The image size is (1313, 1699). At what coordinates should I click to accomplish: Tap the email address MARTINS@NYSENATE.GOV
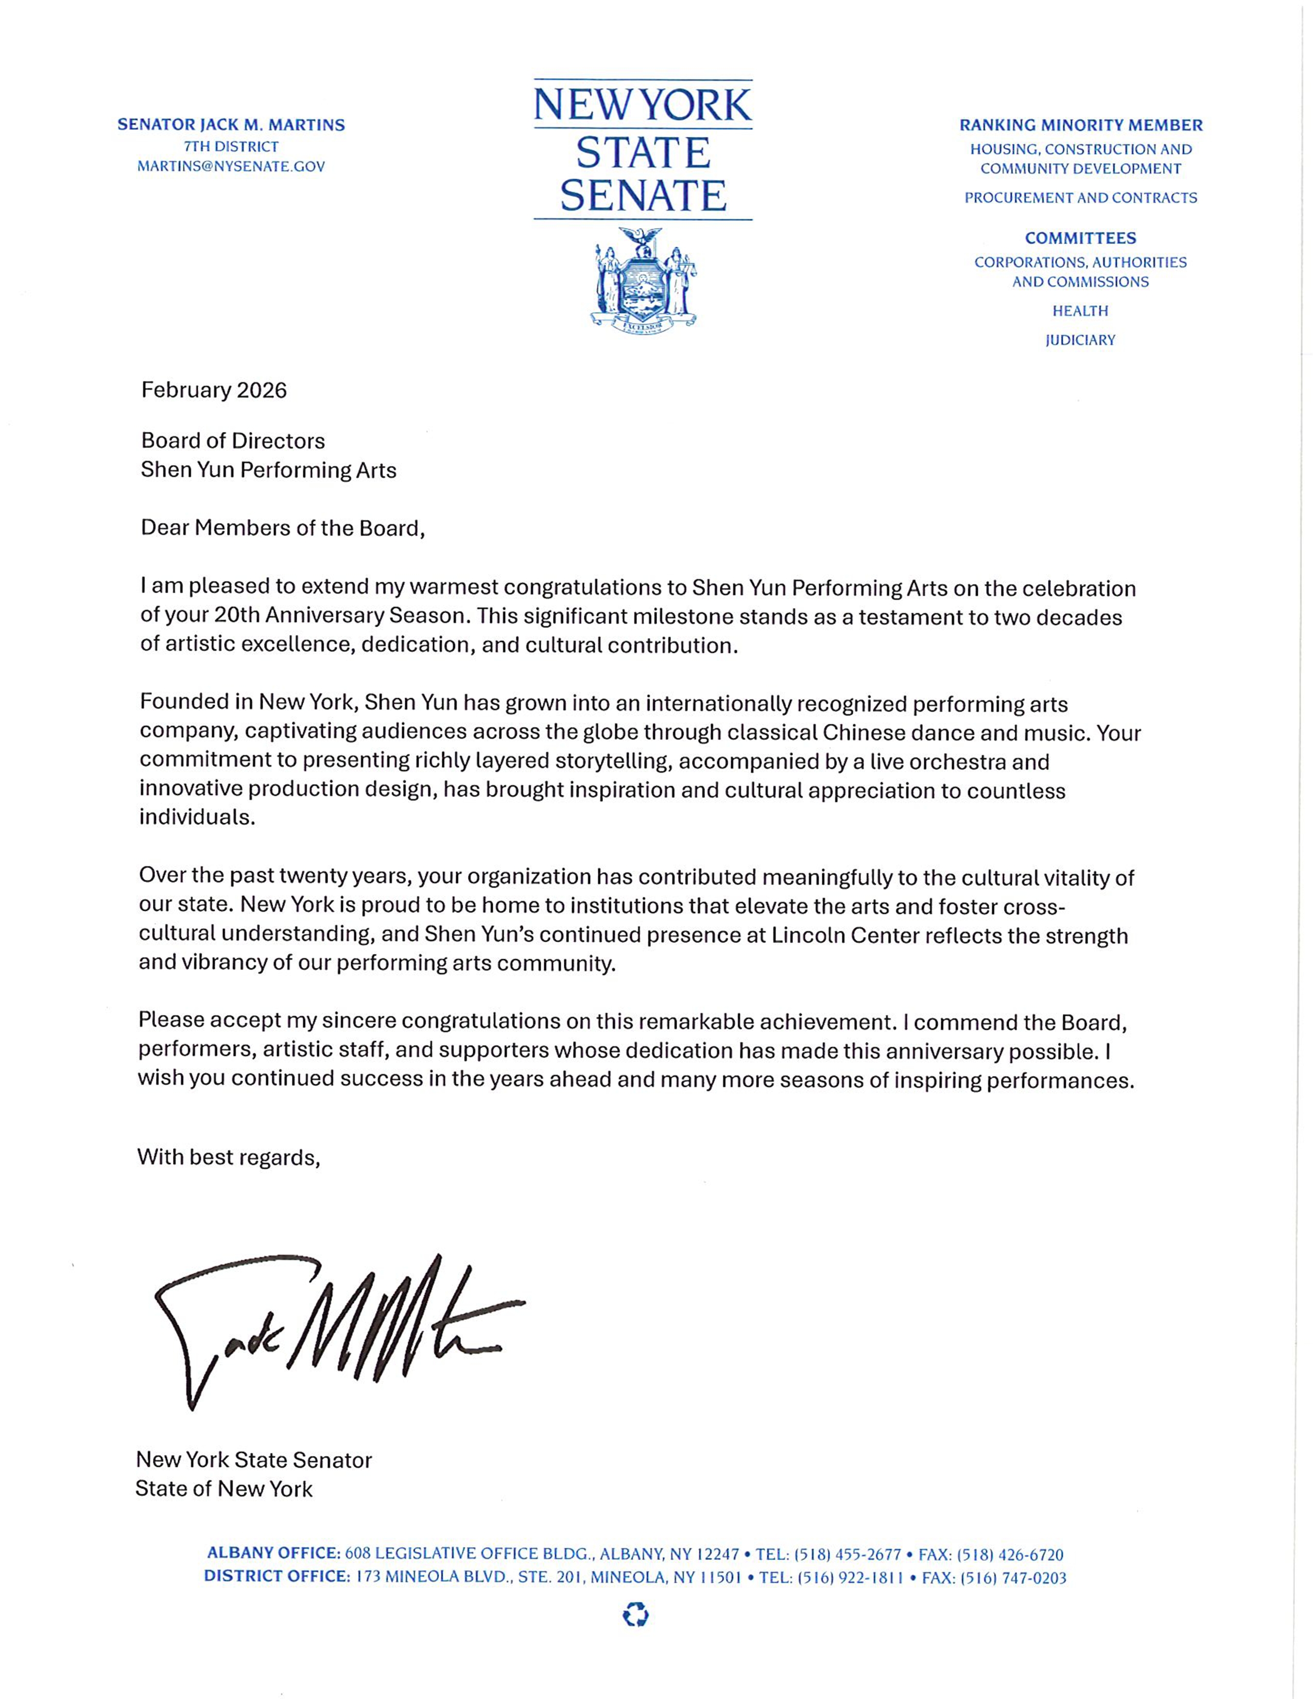point(231,166)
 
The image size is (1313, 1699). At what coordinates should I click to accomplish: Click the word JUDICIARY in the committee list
point(1080,340)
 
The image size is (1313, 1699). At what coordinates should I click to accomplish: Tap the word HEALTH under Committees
point(1080,311)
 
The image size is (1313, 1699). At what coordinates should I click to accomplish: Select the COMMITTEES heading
point(1080,238)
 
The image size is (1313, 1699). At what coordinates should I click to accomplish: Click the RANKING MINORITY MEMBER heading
point(1080,125)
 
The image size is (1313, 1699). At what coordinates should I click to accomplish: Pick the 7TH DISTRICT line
point(231,146)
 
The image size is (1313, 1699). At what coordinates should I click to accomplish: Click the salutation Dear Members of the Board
point(282,528)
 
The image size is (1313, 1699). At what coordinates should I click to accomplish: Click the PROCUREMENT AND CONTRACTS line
point(1080,198)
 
